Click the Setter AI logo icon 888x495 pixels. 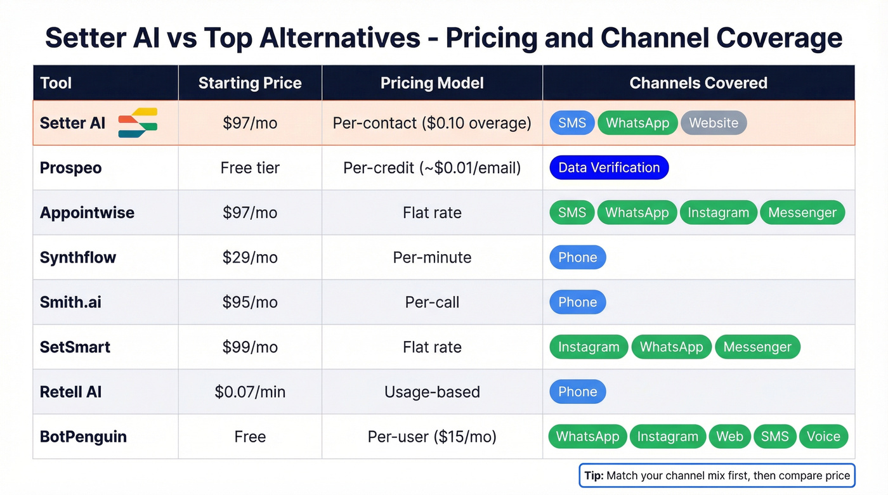pos(138,123)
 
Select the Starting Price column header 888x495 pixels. pos(250,83)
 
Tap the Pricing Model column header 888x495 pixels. pos(432,83)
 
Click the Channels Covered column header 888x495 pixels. pos(698,83)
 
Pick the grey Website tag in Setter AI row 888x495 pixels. pos(714,123)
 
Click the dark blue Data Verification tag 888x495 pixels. pos(609,168)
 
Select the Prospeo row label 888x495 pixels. pos(70,168)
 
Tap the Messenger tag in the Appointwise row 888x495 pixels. pos(802,213)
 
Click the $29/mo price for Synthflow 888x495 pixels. pos(250,257)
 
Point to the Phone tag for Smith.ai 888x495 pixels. pos(577,302)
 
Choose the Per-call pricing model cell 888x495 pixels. pos(432,302)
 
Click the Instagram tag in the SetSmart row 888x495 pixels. pos(589,347)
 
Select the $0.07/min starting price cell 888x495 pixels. pos(250,392)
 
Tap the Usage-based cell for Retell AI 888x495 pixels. pos(432,392)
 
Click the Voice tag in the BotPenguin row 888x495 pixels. pos(823,437)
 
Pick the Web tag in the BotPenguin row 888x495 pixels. pos(729,437)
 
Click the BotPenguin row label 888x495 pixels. pos(83,437)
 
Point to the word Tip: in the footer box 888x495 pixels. pos(594,475)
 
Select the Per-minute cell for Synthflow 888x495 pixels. pos(432,257)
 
